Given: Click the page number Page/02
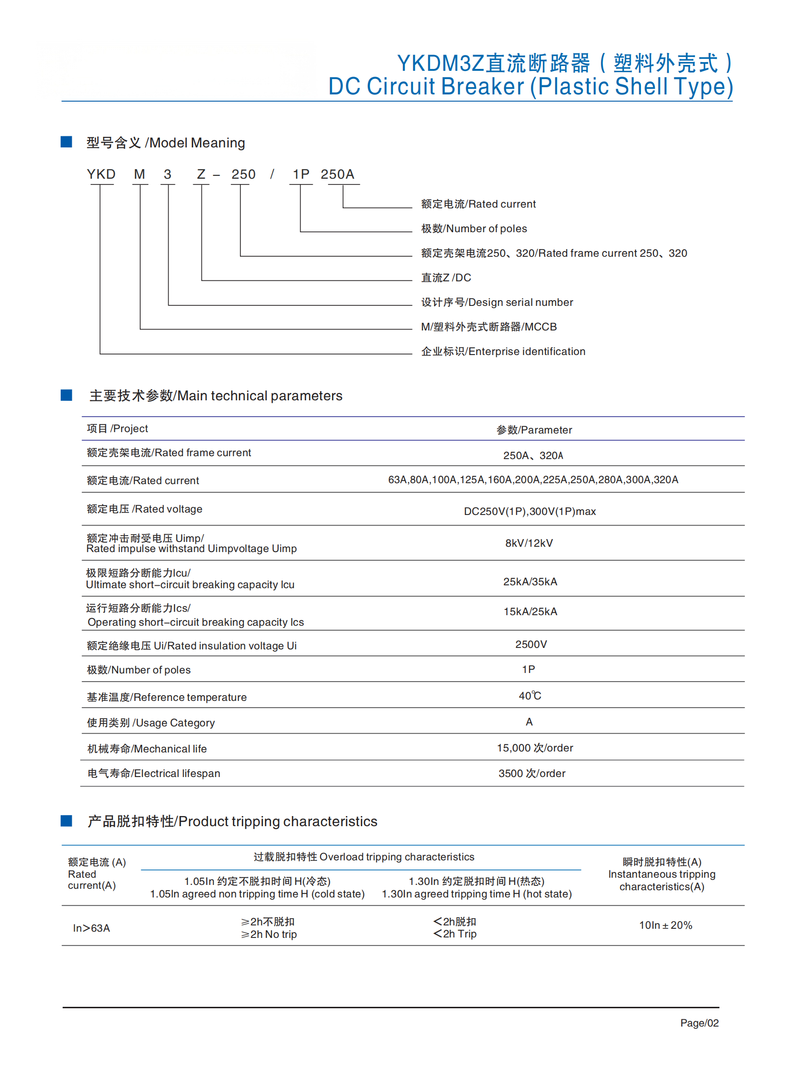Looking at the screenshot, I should pyautogui.click(x=699, y=1023).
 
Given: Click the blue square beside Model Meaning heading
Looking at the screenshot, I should pyautogui.click(x=66, y=142).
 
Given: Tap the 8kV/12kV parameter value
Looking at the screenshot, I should pyautogui.click(x=529, y=543).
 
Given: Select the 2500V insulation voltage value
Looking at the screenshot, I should pyautogui.click(x=531, y=645).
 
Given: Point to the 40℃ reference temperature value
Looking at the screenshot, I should pyautogui.click(x=530, y=696).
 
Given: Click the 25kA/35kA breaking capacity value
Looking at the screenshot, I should pyautogui.click(x=530, y=582).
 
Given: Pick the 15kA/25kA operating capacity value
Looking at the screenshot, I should pyautogui.click(x=530, y=612).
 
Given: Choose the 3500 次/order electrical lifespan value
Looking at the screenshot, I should pyautogui.click(x=531, y=773).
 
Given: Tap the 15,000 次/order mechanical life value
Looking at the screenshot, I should pyautogui.click(x=534, y=748).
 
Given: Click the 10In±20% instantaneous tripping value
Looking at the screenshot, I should pyautogui.click(x=665, y=925).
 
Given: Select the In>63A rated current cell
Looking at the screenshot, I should pyautogui.click(x=91, y=928).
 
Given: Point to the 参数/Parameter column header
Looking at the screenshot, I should pyautogui.click(x=534, y=430).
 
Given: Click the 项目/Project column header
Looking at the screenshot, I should pyautogui.click(x=117, y=428).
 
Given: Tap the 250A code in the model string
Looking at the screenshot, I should pyautogui.click(x=337, y=174).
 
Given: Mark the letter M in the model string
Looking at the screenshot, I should pyautogui.click(x=139, y=174).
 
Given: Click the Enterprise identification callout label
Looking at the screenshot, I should pyautogui.click(x=503, y=351).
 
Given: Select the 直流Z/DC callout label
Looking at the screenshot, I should pyautogui.click(x=446, y=277).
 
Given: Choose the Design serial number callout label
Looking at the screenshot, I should pyautogui.click(x=497, y=302).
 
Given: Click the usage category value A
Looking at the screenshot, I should pyautogui.click(x=529, y=722).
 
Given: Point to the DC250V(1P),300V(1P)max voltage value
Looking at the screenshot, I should pyautogui.click(x=530, y=511).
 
